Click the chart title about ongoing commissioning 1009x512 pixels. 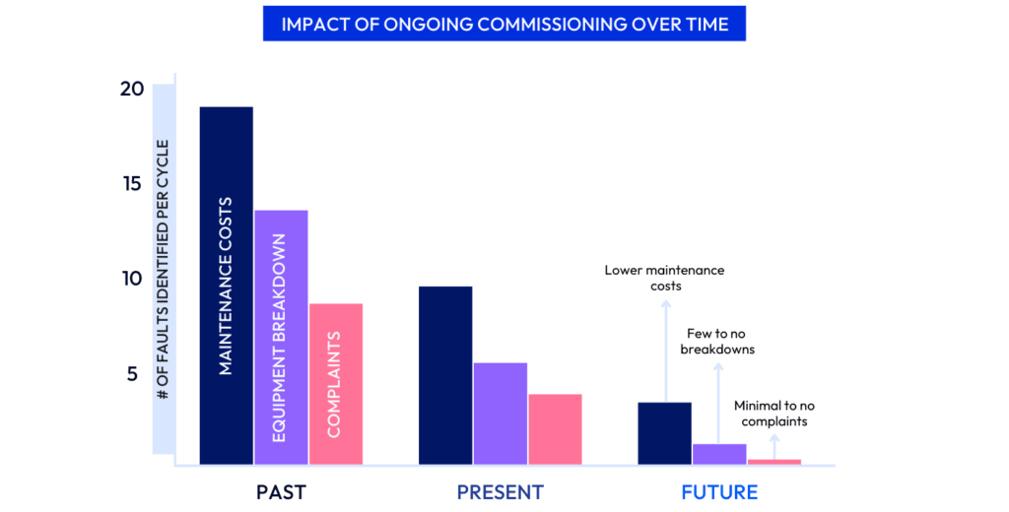click(504, 24)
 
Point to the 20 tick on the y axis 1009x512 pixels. click(132, 90)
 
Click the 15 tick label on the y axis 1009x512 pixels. click(132, 184)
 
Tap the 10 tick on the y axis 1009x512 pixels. click(132, 279)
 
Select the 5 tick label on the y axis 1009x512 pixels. click(132, 374)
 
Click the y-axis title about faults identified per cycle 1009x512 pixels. click(163, 270)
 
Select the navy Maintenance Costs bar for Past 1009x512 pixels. click(226, 286)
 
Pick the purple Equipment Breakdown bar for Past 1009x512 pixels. click(281, 337)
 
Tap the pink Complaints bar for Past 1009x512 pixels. click(336, 383)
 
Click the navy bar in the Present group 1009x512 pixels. click(445, 374)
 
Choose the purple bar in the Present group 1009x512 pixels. click(501, 413)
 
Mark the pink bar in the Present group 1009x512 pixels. click(555, 428)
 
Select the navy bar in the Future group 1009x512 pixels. click(664, 432)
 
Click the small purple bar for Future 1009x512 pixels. click(719, 453)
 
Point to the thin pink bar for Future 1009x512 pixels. click(774, 461)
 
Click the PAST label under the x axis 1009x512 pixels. click(281, 491)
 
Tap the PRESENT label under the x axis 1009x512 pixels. click(500, 491)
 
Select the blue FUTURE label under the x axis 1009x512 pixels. click(719, 491)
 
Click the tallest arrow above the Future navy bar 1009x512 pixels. click(665, 350)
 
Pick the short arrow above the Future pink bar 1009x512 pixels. click(774, 445)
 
